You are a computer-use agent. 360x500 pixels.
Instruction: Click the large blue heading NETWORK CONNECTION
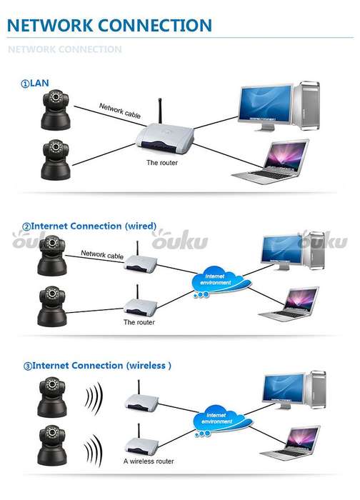(x=109, y=26)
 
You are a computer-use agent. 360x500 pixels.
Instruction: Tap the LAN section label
(x=35, y=84)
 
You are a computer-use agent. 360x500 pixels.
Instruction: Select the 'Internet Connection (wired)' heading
(x=89, y=226)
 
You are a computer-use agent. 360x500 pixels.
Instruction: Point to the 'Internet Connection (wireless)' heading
(x=97, y=366)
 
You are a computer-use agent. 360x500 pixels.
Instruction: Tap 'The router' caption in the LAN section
(x=162, y=163)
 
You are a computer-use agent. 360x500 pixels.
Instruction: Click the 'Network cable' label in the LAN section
(x=120, y=111)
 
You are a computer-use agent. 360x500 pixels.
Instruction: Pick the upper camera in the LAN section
(x=56, y=110)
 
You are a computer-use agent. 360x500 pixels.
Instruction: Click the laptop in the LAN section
(x=271, y=162)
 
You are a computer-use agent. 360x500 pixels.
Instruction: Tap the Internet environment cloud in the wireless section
(x=221, y=420)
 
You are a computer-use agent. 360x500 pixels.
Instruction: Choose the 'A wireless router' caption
(x=149, y=461)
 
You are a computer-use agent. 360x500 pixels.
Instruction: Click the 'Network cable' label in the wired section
(x=102, y=254)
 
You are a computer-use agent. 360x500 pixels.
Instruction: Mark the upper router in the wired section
(x=140, y=259)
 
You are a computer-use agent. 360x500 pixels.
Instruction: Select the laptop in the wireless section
(x=291, y=443)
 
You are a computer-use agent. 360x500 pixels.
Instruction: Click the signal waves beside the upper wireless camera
(x=94, y=399)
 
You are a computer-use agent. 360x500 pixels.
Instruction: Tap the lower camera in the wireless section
(x=52, y=445)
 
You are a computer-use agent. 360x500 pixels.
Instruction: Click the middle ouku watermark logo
(x=180, y=240)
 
